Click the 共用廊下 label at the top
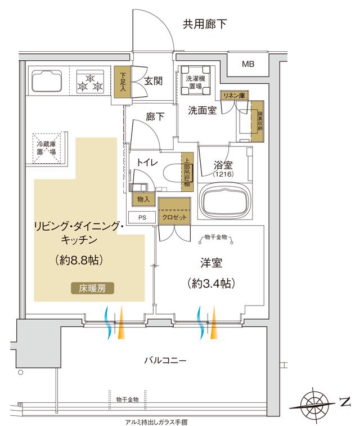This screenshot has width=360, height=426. click(205, 24)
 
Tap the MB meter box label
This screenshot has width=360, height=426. click(247, 64)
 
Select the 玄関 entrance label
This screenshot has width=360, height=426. click(153, 81)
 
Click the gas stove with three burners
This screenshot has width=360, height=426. click(90, 82)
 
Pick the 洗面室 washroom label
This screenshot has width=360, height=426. click(202, 110)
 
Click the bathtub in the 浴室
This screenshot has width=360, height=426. click(226, 201)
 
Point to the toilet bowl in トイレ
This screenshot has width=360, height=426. click(169, 173)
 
